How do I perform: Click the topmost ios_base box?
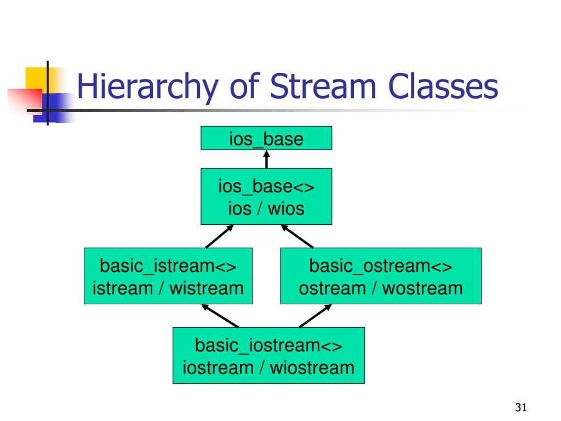tap(266, 138)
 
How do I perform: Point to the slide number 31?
tap(520, 407)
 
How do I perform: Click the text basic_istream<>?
tap(168, 267)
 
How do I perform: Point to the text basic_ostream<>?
tap(381, 267)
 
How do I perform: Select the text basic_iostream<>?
tap(268, 346)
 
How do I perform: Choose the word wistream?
tap(206, 287)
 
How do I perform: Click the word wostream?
tap(422, 287)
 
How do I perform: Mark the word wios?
tap(285, 208)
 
